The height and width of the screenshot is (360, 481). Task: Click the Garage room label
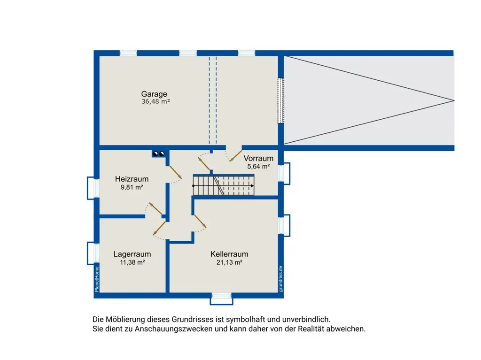154,94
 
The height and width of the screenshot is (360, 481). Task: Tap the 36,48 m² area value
155,101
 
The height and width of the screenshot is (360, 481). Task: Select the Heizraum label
132,179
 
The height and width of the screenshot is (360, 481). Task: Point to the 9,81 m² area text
132,187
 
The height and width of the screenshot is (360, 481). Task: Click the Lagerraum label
132,254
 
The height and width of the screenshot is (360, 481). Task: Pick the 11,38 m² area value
132,262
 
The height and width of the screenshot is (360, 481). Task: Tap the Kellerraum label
229,254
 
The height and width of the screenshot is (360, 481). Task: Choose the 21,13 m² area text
229,262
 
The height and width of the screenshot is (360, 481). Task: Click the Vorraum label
258,158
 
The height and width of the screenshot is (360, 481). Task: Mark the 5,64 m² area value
258,167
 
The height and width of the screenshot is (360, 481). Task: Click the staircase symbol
223,185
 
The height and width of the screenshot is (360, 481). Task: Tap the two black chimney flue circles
159,153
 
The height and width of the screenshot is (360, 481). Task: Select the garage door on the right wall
281,100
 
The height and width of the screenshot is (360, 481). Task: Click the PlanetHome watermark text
97,279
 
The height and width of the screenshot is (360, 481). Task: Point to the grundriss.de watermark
281,279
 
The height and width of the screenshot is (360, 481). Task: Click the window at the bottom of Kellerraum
222,299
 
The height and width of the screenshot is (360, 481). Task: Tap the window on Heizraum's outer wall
93,188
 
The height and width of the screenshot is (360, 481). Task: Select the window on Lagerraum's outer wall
93,253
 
